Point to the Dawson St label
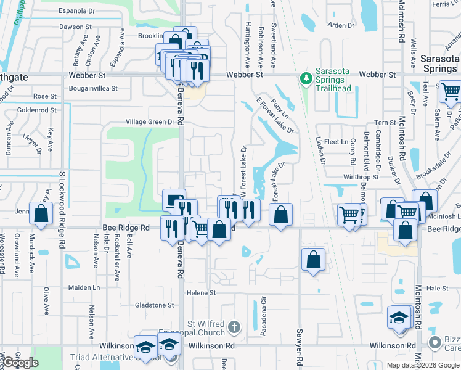point(75,27)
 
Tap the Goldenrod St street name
point(37,110)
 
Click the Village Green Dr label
point(150,122)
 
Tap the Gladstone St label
point(154,305)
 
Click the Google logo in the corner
point(20,363)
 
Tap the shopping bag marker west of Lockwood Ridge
point(41,214)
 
